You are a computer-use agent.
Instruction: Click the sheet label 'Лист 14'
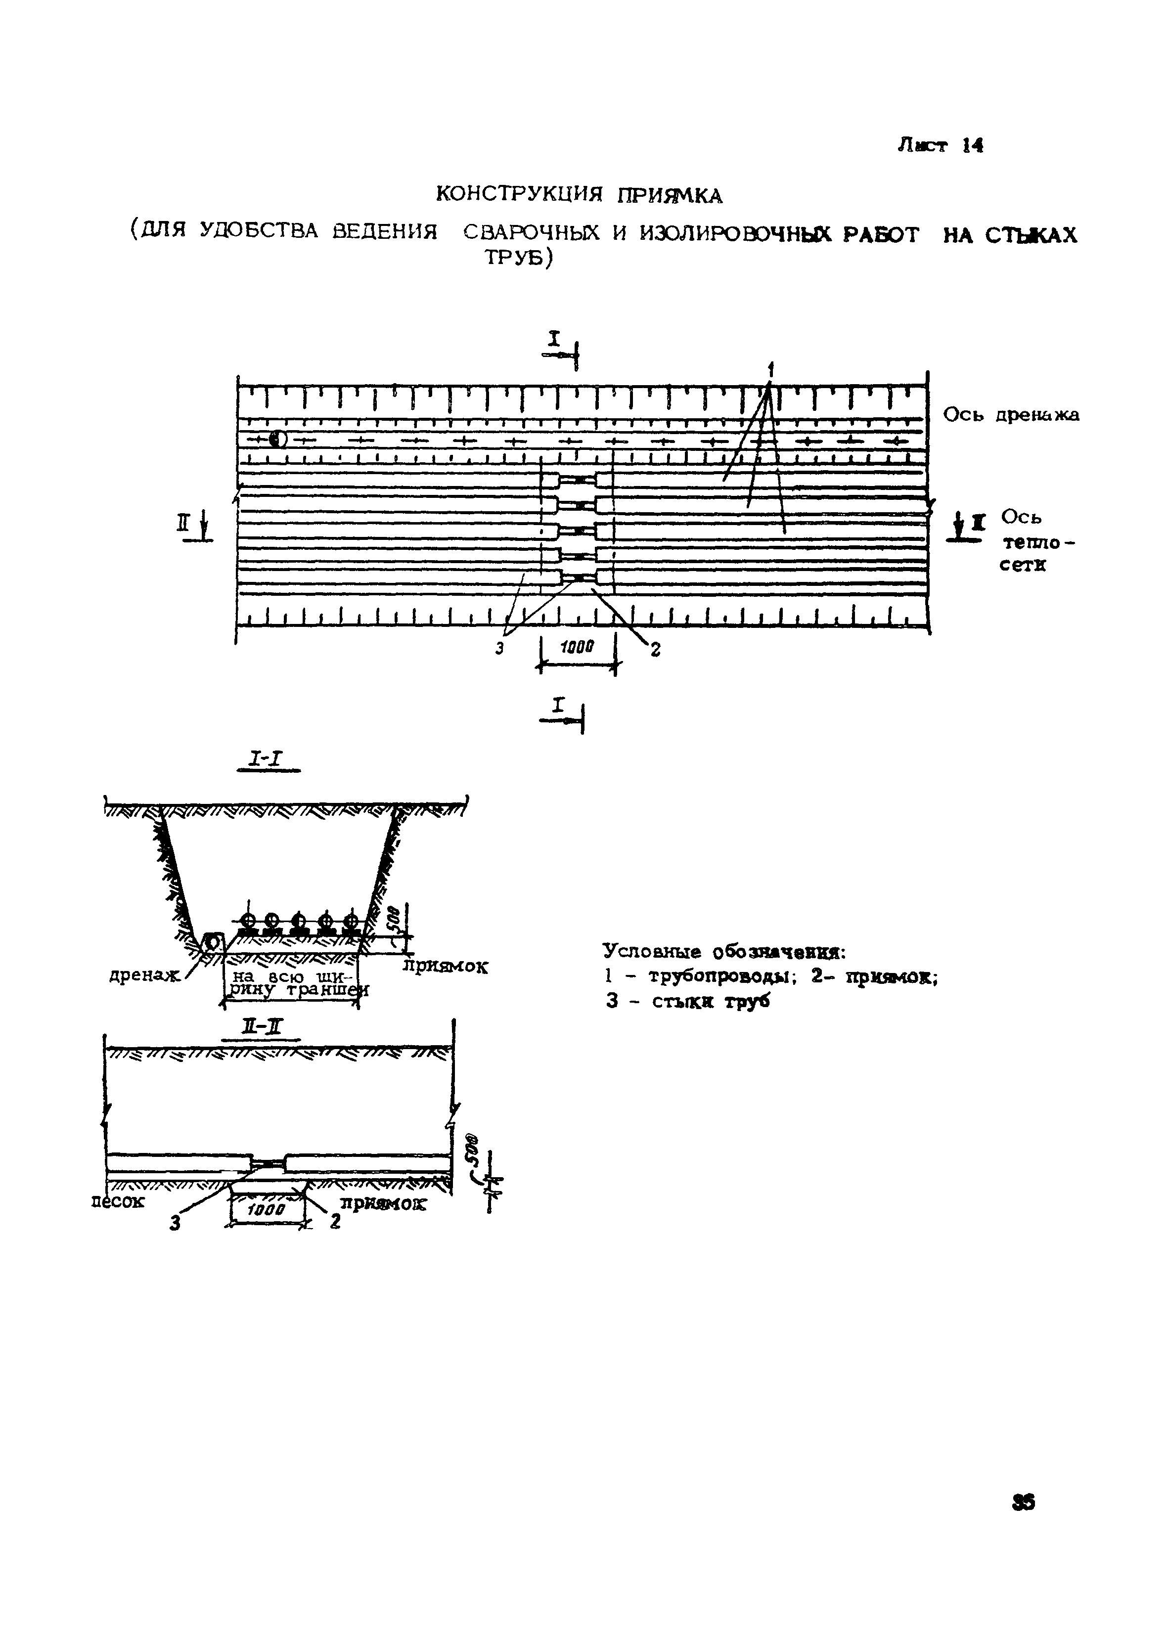(939, 146)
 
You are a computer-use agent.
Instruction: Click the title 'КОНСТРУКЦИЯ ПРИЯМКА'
(580, 195)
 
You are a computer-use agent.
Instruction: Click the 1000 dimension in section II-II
(267, 1210)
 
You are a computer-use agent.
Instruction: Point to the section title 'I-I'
(267, 759)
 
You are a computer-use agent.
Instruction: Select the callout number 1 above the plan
(770, 371)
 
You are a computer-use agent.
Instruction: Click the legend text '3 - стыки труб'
(687, 1002)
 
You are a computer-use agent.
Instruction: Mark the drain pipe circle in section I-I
(214, 941)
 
